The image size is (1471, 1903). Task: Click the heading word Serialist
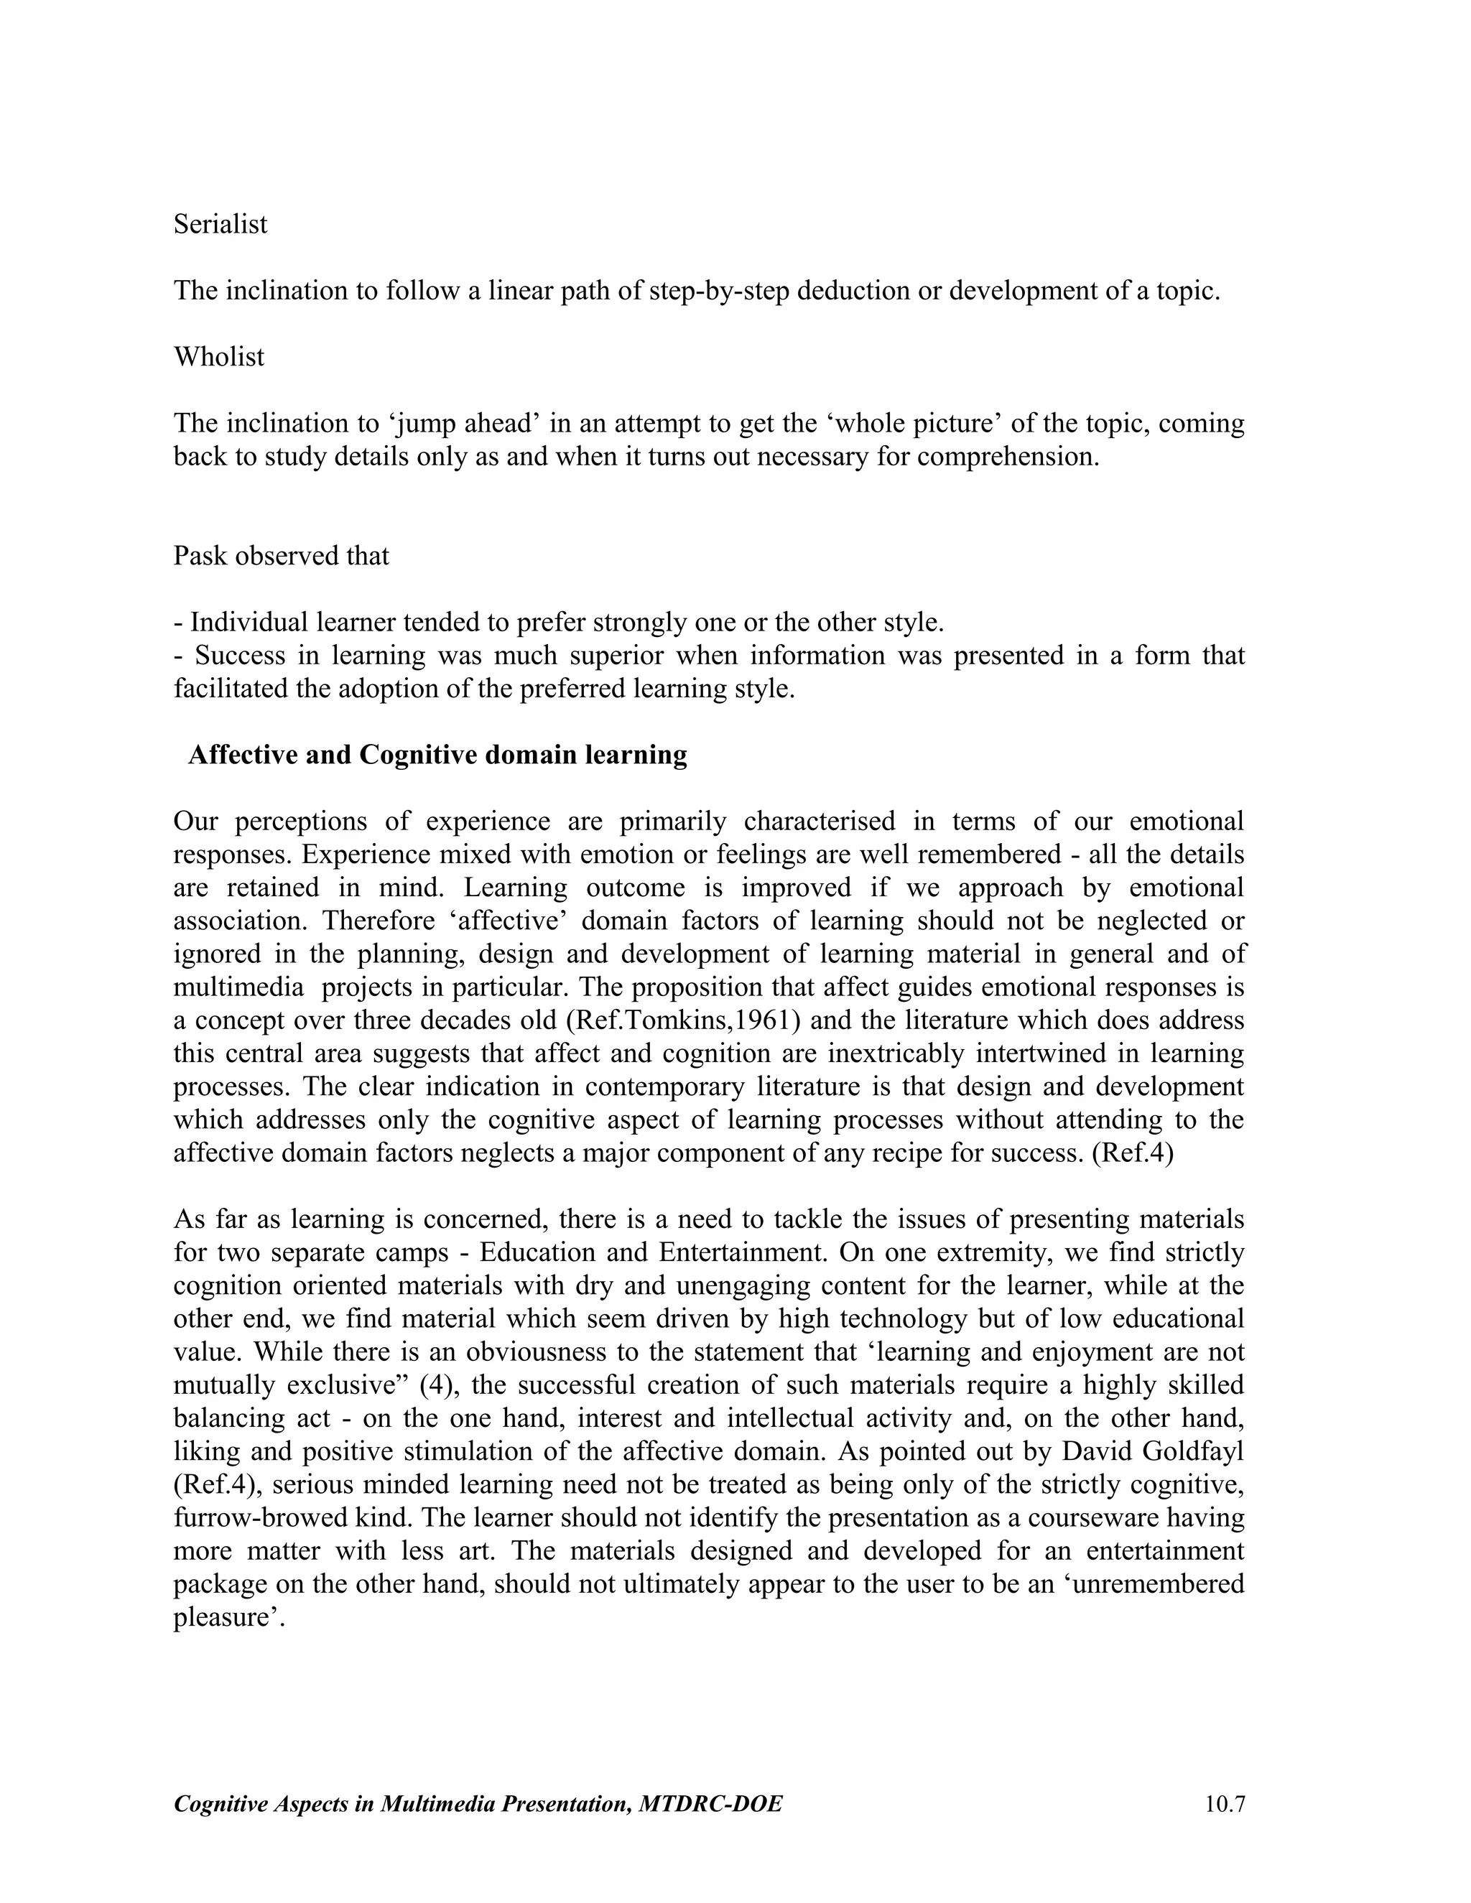[x=221, y=225]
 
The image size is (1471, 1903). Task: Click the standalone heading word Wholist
[x=219, y=357]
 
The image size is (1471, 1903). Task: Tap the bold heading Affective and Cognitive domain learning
[x=437, y=755]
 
